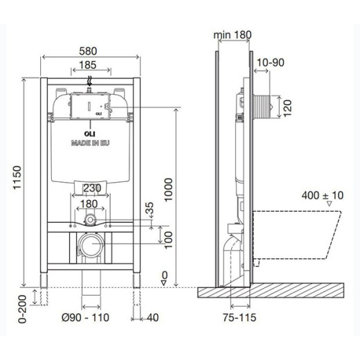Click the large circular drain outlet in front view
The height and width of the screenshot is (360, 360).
90,244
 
